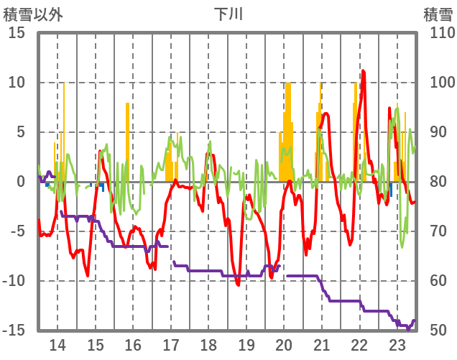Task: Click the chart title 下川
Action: tap(228, 14)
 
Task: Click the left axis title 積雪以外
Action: tap(33, 14)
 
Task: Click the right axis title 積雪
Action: tap(438, 14)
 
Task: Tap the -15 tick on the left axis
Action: tap(14, 331)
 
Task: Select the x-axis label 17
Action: tap(171, 343)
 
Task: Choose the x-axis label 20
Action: tap(284, 343)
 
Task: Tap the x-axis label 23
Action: tap(397, 343)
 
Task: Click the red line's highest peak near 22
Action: tap(364, 71)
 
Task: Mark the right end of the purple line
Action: tap(415, 320)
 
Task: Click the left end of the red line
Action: tap(39, 220)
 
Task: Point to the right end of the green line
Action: tap(415, 147)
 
